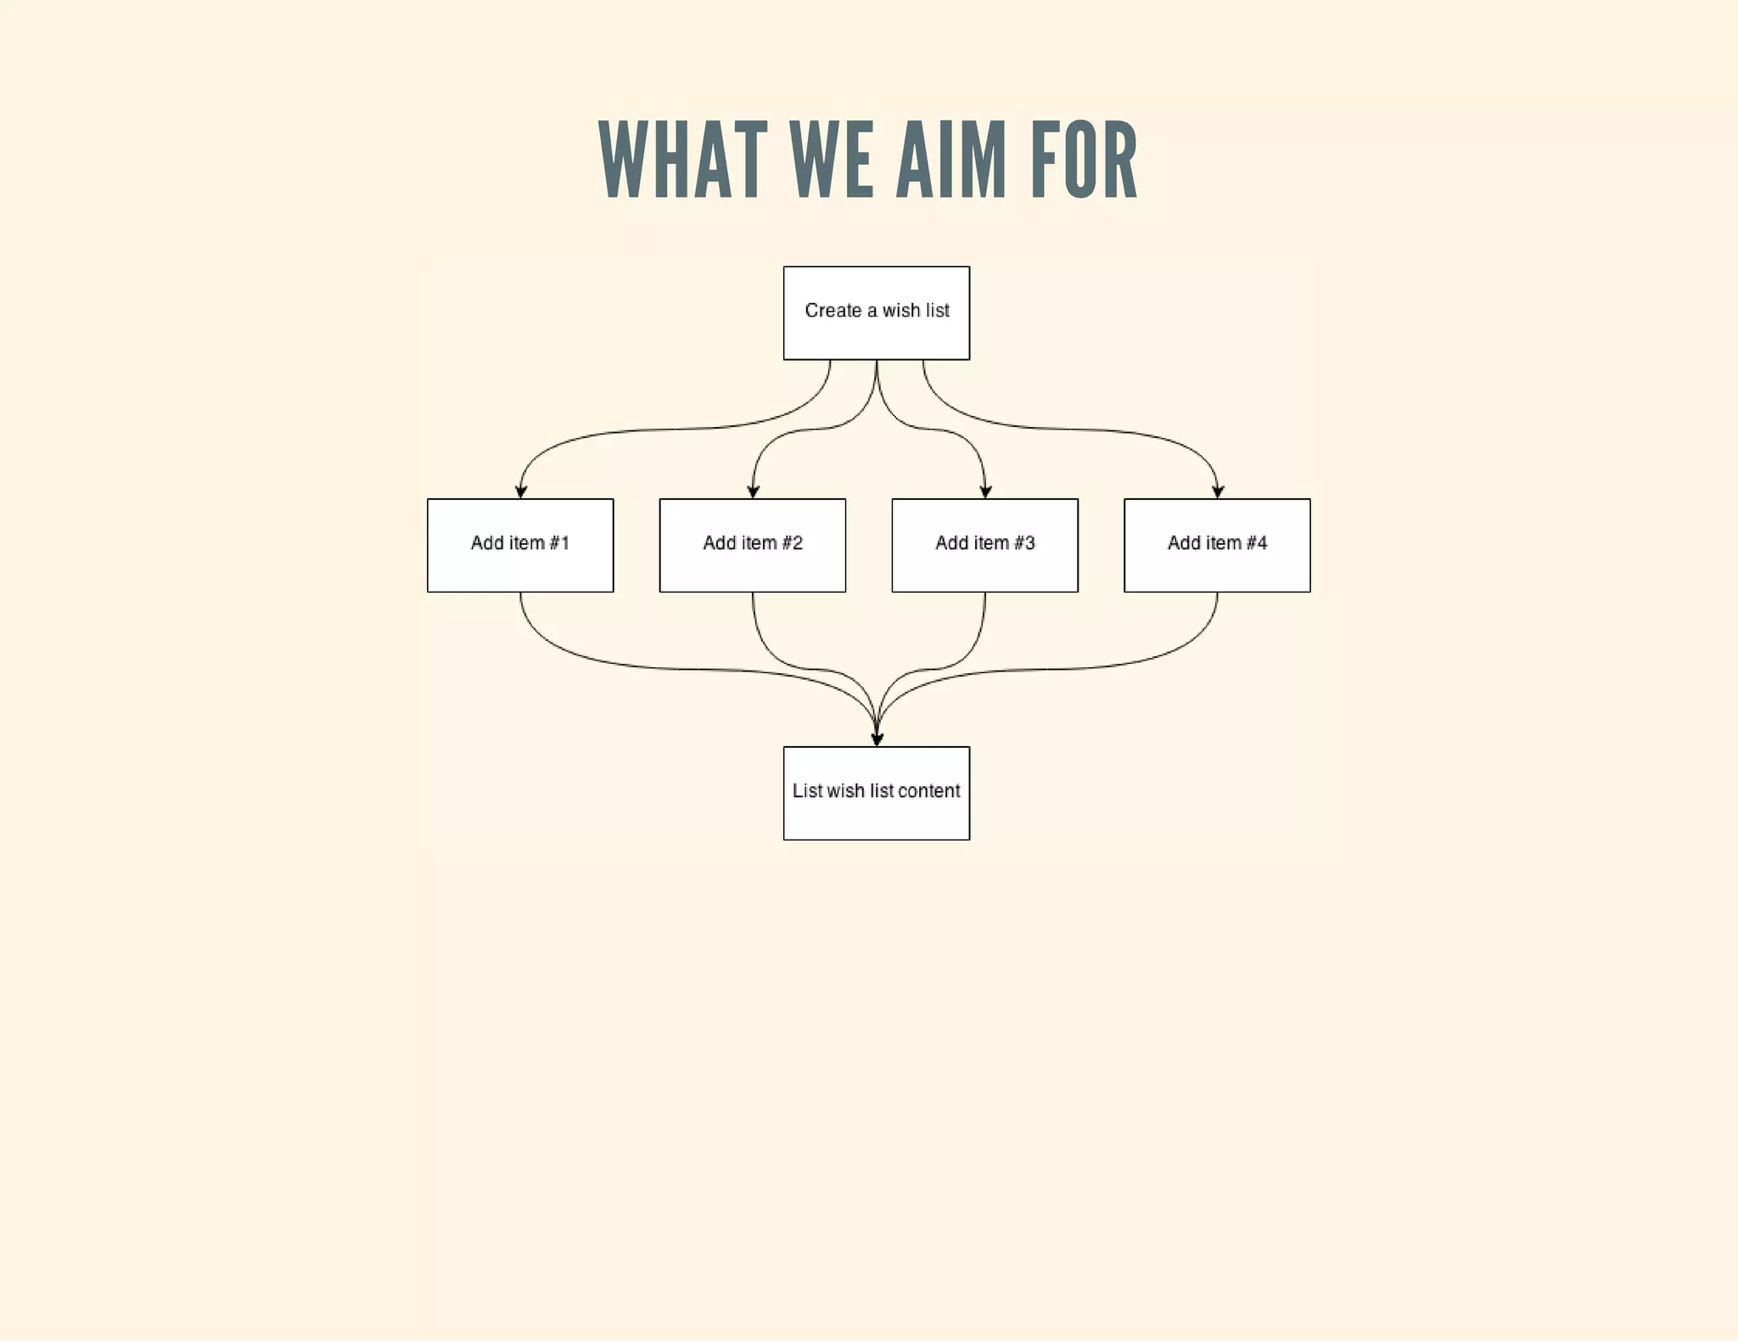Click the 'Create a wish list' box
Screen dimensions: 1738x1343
tap(876, 313)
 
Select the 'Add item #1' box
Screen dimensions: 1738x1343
tap(520, 545)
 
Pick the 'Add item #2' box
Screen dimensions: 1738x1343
tap(752, 545)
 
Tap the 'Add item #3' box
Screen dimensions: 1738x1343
tap(984, 545)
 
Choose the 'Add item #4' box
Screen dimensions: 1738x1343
tap(1217, 545)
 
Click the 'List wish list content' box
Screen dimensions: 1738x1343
tap(876, 793)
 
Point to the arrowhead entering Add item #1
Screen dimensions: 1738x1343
tap(521, 492)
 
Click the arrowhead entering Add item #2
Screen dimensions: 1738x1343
tap(753, 492)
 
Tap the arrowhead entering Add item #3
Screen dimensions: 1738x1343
tap(985, 492)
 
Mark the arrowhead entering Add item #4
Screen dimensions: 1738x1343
tap(1218, 492)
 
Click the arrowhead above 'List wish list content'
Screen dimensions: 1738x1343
tap(877, 739)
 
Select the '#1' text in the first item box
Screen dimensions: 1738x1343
tap(559, 543)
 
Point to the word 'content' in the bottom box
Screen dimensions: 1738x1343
tap(928, 791)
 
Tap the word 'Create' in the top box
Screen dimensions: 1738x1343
tap(833, 311)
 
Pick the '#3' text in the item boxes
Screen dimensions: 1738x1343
tap(1024, 543)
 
